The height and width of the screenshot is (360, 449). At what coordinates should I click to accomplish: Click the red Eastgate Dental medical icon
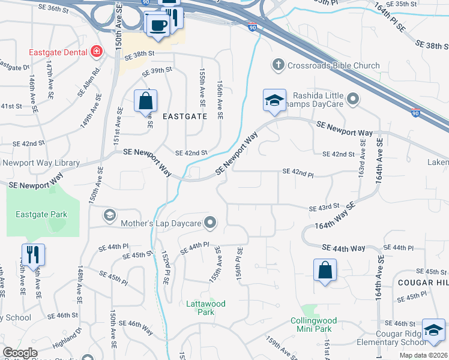coord(94,53)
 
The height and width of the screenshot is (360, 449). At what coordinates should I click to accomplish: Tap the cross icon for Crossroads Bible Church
coord(278,65)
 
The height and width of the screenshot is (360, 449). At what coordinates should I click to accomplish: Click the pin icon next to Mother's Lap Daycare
coord(209,223)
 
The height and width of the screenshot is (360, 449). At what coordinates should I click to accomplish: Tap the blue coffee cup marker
coord(158,26)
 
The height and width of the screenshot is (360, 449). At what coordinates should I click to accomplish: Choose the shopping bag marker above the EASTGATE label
coord(146,101)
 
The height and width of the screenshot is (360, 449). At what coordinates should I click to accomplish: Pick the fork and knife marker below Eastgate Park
coord(33,254)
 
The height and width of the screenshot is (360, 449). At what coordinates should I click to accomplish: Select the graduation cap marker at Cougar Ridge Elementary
coord(434,329)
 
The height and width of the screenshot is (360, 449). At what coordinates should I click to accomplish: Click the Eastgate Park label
coord(41,214)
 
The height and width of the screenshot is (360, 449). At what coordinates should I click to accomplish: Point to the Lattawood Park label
coord(205,308)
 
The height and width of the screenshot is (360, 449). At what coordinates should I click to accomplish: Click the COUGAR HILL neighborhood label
coord(422,282)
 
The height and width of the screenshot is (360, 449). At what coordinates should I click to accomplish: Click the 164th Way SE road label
coord(335,216)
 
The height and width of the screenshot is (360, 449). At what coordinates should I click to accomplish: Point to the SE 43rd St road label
coord(324,208)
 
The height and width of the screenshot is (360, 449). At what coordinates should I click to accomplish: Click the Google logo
coord(20,352)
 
